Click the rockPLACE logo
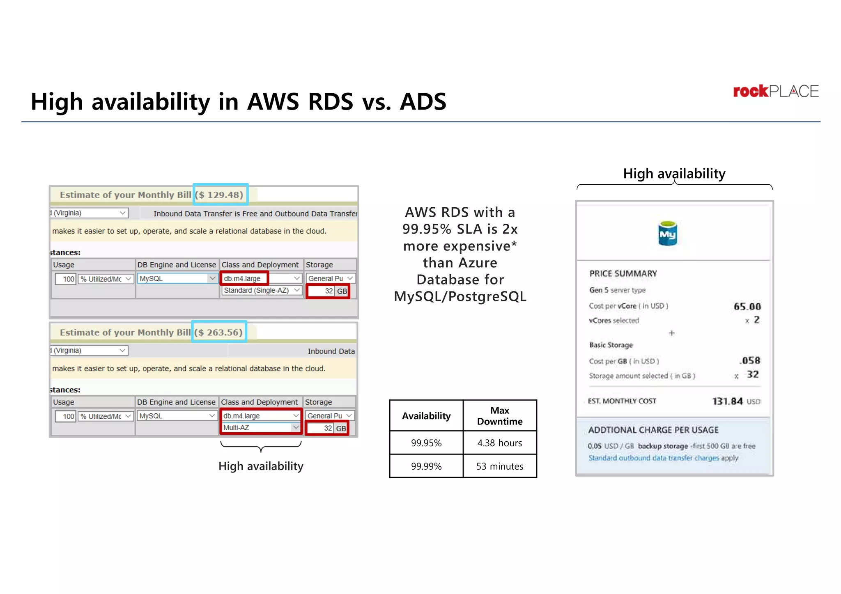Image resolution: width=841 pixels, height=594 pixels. [x=775, y=91]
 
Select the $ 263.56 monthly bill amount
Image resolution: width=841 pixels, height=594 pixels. [x=219, y=332]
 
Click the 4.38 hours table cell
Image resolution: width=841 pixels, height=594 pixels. [x=499, y=443]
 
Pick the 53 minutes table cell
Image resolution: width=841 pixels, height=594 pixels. [x=499, y=466]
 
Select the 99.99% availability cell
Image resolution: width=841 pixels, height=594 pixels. [x=426, y=466]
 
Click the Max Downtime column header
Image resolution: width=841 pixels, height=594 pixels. [x=499, y=416]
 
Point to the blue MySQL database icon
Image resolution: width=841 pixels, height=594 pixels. [x=667, y=234]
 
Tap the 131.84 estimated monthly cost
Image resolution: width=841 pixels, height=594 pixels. [x=727, y=401]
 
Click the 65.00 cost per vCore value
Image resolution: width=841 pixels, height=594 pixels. [x=747, y=306]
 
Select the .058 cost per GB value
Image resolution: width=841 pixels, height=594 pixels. [x=749, y=360]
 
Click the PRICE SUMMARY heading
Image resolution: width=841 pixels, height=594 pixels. [x=623, y=274]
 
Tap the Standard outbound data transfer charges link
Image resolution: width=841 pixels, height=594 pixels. [x=654, y=458]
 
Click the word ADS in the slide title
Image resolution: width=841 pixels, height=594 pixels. [x=423, y=101]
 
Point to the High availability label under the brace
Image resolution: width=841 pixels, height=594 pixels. [x=261, y=466]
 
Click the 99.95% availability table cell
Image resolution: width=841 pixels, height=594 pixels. [x=426, y=443]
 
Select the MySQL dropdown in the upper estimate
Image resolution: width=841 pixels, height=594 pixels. [x=177, y=278]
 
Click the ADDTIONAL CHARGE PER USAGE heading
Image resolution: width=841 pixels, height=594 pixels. [x=653, y=430]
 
